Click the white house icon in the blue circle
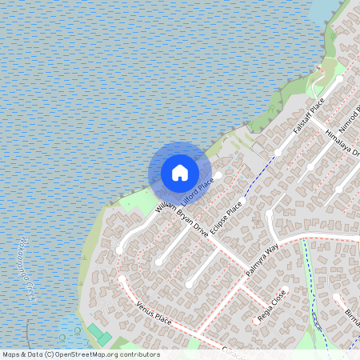click(180, 172)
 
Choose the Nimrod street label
click(350, 118)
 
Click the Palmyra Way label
click(262, 262)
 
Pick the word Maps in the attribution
click(11, 354)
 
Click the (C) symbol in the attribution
click(50, 354)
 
